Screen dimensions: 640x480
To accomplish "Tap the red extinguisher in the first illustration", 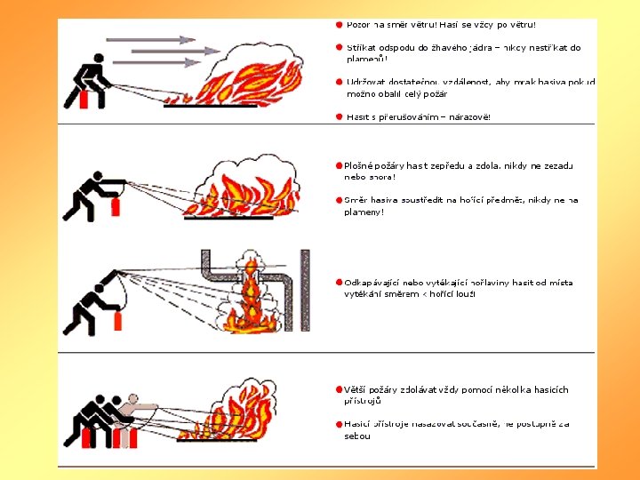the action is click(84, 100).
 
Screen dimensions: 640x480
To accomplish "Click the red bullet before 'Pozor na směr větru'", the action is click(339, 25).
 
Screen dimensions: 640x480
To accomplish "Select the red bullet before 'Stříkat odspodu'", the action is click(339, 47).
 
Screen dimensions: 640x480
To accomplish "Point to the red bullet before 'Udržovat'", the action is click(339, 82).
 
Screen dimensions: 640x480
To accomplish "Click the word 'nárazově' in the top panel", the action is click(466, 117).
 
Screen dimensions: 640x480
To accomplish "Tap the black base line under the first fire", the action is click(211, 106).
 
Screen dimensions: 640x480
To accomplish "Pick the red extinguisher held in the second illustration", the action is click(116, 208).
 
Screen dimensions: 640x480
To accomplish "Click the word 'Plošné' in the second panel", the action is click(359, 166).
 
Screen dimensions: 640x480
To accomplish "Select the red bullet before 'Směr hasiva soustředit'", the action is click(339, 200).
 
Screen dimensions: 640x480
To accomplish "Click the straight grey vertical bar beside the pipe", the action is click(304, 290).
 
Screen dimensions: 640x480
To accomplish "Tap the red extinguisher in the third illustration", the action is click(116, 320).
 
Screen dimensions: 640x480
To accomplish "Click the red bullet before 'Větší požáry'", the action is click(339, 389).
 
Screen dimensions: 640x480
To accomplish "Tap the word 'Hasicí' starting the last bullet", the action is click(357, 424).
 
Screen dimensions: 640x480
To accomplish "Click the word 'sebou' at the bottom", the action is click(357, 436).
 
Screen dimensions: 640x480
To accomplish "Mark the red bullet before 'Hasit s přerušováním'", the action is click(339, 116).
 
